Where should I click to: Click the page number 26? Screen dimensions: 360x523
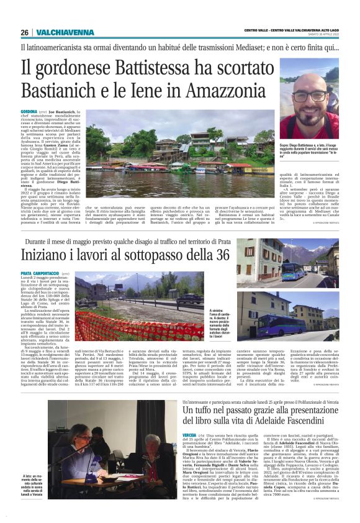[24, 32]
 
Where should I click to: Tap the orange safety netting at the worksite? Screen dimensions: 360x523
[130, 329]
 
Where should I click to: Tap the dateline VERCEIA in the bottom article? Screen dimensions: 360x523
[191, 435]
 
